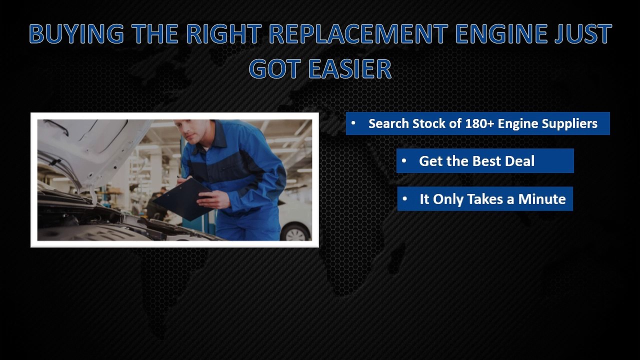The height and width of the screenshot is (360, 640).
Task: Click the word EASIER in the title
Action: pos(349,69)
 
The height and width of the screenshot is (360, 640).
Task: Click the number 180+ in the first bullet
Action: pos(479,123)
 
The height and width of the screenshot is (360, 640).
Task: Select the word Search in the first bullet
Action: pos(388,123)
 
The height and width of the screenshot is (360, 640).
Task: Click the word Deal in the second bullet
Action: pos(519,161)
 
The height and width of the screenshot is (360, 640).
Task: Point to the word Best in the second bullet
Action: pos(484,161)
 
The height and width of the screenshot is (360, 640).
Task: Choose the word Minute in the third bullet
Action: pos(542,199)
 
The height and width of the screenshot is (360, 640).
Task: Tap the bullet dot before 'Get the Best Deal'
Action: pos(404,161)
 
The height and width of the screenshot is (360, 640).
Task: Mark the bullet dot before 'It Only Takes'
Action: pos(405,199)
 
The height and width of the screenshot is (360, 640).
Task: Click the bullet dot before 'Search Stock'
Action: pos(353,123)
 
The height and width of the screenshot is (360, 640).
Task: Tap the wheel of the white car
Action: pos(296,232)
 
